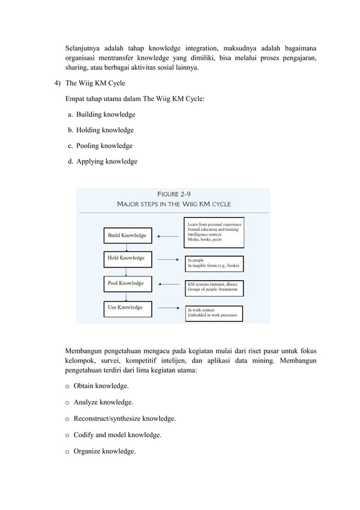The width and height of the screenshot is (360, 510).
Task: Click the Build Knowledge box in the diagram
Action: tap(127, 235)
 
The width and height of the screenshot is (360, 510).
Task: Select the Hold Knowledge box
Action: tap(127, 259)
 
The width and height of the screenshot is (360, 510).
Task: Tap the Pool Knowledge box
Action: tap(127, 284)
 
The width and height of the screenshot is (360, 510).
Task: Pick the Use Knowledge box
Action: tap(127, 308)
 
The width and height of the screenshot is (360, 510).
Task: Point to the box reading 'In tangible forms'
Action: tap(214, 262)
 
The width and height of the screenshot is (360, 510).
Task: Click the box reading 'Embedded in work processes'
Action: tap(214, 313)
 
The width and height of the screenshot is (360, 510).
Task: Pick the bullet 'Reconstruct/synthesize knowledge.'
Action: tap(125, 419)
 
